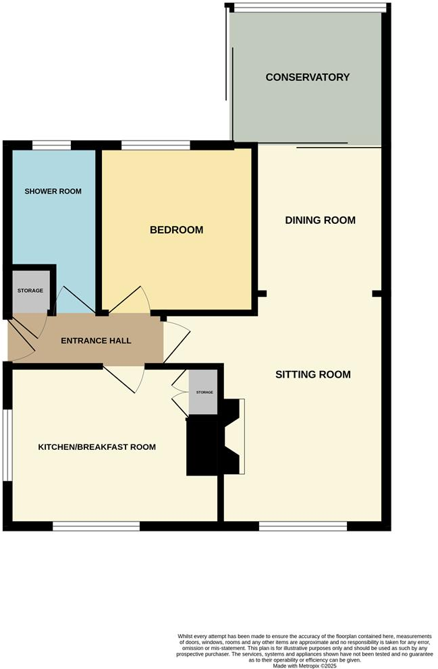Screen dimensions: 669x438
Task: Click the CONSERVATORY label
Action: pyautogui.click(x=308, y=77)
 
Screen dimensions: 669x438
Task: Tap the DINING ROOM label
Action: pyautogui.click(x=320, y=221)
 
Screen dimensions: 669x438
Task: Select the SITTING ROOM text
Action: pyautogui.click(x=313, y=374)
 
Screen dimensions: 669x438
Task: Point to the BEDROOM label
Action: pyautogui.click(x=176, y=230)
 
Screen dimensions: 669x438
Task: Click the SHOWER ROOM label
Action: pyautogui.click(x=53, y=192)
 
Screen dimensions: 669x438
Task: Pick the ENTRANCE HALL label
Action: pyautogui.click(x=96, y=341)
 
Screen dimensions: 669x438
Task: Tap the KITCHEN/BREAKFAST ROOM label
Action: pyautogui.click(x=97, y=447)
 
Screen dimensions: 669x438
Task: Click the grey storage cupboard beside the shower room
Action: pyautogui.click(x=30, y=291)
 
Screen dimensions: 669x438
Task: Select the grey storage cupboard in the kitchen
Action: pyautogui.click(x=204, y=392)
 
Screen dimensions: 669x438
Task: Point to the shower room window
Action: pyautogui.click(x=52, y=144)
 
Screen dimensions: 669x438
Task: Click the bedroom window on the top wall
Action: pyautogui.click(x=156, y=144)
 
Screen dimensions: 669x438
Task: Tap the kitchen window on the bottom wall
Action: pyautogui.click(x=96, y=525)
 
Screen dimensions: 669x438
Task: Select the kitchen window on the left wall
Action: pyautogui.click(x=6, y=445)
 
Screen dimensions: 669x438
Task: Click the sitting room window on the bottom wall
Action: pyautogui.click(x=303, y=525)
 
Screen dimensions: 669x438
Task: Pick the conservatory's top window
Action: pyautogui.click(x=310, y=7)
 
